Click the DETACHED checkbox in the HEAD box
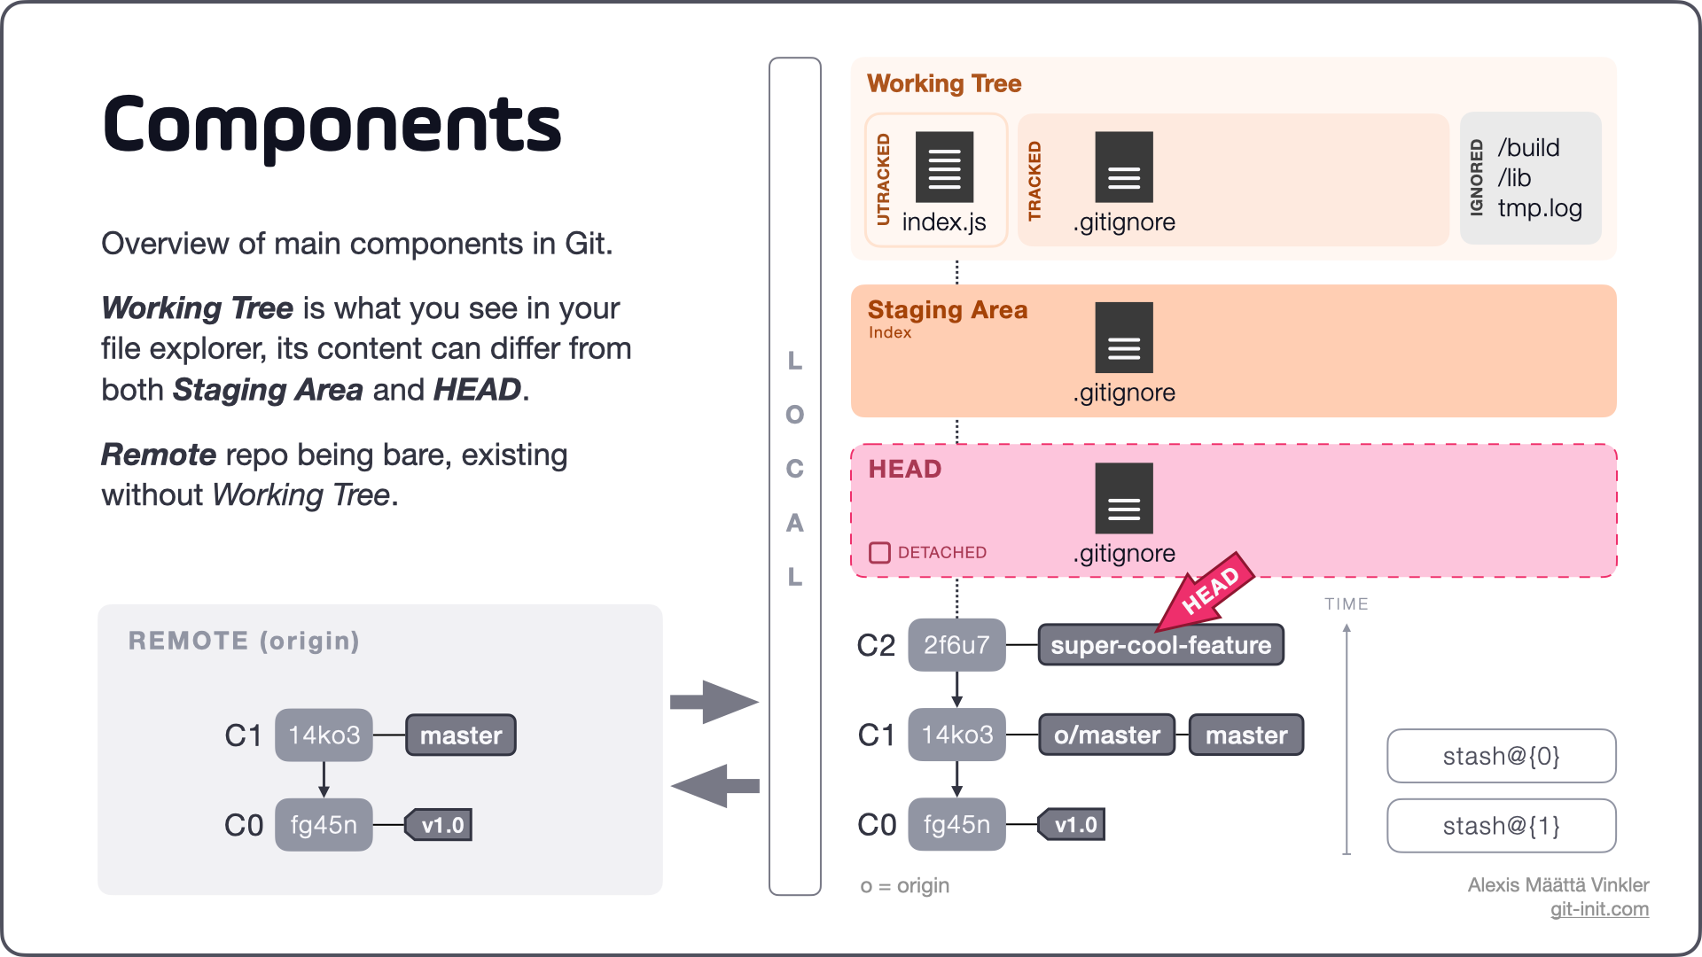point(879,553)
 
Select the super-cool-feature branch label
point(1160,645)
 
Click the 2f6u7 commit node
point(956,645)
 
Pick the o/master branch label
point(1106,735)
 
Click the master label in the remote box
point(461,735)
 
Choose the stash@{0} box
point(1501,756)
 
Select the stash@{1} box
point(1501,826)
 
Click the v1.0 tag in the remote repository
point(440,825)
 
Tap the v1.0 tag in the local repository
point(1073,825)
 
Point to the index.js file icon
point(944,167)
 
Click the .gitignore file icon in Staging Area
point(1124,338)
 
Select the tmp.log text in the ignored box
point(1540,208)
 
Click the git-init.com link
point(1599,909)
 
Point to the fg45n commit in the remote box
point(324,825)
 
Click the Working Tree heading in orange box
point(944,83)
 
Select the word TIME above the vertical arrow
point(1346,604)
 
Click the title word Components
point(332,126)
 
